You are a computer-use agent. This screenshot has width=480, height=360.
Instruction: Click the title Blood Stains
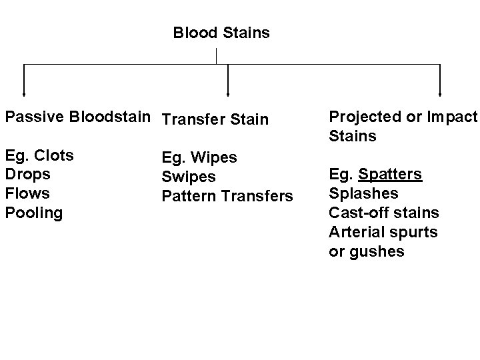[221, 33]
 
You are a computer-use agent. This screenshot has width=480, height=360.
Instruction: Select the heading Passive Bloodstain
[81, 118]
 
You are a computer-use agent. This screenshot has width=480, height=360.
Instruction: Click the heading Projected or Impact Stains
[403, 127]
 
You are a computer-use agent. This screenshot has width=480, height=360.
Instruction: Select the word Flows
[27, 194]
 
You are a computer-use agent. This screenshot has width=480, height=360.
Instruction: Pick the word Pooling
[33, 213]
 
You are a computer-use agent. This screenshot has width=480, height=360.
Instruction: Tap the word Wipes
[213, 158]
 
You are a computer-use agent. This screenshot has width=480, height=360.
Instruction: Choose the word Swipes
[189, 177]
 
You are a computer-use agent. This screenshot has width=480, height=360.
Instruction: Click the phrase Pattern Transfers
[227, 197]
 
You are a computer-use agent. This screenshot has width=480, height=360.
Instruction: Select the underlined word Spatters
[390, 174]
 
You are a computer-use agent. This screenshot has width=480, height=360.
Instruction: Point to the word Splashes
[363, 193]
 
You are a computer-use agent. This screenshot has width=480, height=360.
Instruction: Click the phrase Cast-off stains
[384, 213]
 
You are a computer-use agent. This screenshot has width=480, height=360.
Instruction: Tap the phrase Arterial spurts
[383, 232]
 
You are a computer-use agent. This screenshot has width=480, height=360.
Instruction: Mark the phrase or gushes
[367, 251]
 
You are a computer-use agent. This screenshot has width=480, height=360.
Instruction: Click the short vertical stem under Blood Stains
[217, 56]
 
